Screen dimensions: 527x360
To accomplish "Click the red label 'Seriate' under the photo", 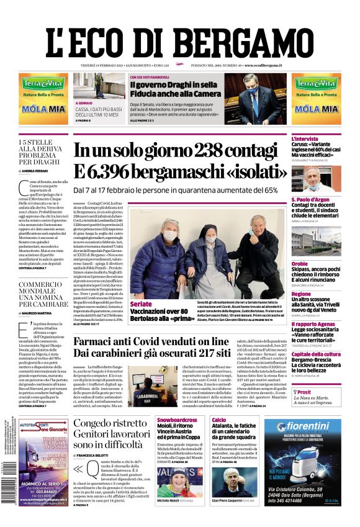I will tap(141, 304).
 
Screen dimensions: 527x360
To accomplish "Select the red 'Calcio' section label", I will tap(218, 420).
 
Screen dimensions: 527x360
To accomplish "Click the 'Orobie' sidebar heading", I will tap(300, 263).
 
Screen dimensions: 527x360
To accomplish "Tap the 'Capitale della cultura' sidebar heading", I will tap(316, 354).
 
